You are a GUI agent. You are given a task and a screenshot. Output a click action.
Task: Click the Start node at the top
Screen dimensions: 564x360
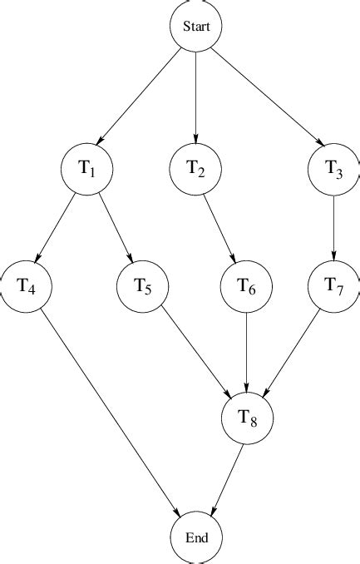point(196,27)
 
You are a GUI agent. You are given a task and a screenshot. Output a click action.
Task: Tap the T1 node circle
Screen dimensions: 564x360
point(87,168)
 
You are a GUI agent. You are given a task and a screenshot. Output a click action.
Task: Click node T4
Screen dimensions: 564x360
point(26,287)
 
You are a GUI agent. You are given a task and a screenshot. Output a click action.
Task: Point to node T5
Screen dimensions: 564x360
point(142,287)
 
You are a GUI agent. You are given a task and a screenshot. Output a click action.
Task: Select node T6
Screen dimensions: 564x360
point(247,287)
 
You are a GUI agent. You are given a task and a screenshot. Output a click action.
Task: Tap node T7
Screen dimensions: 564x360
point(334,287)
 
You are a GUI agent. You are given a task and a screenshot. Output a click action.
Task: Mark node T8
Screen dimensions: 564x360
point(247,418)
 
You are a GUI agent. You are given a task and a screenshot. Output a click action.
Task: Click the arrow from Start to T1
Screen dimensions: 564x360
point(141,96)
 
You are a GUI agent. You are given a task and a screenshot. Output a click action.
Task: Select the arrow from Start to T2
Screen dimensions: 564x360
point(196,96)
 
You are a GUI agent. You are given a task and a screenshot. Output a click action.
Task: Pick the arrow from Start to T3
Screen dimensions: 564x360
point(265,96)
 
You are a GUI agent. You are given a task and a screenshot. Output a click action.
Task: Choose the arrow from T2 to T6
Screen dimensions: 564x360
point(222,227)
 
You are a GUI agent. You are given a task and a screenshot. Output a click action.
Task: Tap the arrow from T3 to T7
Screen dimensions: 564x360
point(334,227)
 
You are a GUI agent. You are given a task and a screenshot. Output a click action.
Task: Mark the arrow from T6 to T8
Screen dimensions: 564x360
point(247,349)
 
